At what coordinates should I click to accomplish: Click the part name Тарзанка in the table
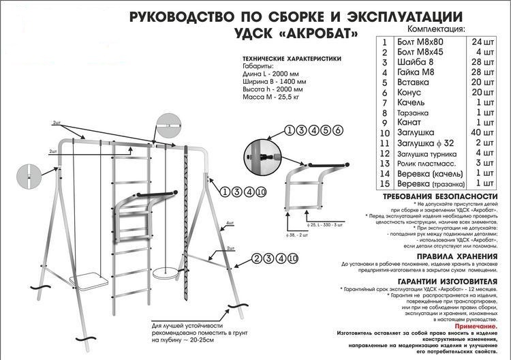pos(418,112)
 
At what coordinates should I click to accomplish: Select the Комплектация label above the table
pos(436,30)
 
